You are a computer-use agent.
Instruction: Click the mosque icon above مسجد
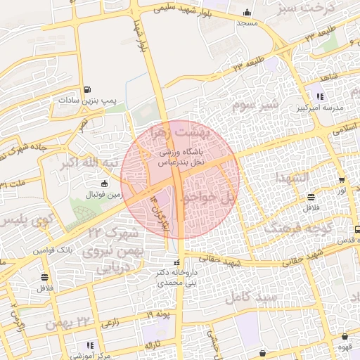247,13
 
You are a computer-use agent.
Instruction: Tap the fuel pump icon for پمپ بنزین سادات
86,90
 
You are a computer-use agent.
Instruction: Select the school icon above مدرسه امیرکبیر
320,96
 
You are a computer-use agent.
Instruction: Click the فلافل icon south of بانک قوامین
45,276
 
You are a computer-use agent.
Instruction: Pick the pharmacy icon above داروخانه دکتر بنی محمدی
176,262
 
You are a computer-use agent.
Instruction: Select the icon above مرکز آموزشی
90,345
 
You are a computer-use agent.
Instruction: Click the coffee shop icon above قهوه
345,337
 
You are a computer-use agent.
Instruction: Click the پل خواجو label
208,199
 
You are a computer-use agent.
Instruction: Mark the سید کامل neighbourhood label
249,297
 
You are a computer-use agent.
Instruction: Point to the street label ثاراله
153,346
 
